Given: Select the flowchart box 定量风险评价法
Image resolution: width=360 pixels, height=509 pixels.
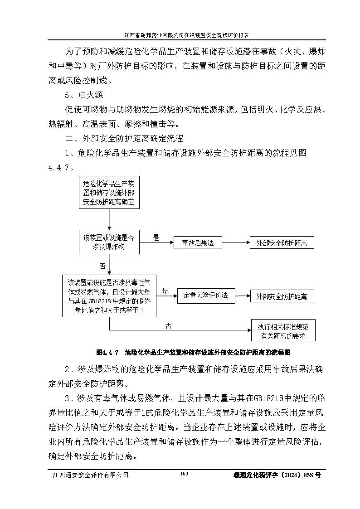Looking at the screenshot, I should point(206,296).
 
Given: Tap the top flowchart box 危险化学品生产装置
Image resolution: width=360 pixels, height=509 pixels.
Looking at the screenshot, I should point(109,193).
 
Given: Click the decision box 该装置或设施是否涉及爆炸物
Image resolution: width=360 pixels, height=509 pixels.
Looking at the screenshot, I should point(109,242).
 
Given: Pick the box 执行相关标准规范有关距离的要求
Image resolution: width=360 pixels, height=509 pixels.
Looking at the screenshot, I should point(283,331).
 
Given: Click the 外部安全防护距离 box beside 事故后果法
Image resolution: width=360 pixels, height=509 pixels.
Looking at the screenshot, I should point(281,243).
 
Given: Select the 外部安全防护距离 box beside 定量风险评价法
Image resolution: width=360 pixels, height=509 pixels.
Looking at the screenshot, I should point(281,296).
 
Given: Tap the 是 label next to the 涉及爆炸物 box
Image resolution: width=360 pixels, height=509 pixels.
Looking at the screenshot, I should point(156,238).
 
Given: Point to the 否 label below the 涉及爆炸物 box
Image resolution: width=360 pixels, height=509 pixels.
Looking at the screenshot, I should point(102,266).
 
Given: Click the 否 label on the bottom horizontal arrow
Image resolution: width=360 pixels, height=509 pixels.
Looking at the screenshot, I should point(169,325).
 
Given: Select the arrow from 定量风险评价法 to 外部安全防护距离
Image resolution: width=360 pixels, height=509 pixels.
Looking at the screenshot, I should point(243,296).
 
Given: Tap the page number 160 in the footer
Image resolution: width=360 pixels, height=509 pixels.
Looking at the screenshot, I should point(184,474).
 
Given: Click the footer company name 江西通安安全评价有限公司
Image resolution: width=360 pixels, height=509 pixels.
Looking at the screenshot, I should point(91,475).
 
